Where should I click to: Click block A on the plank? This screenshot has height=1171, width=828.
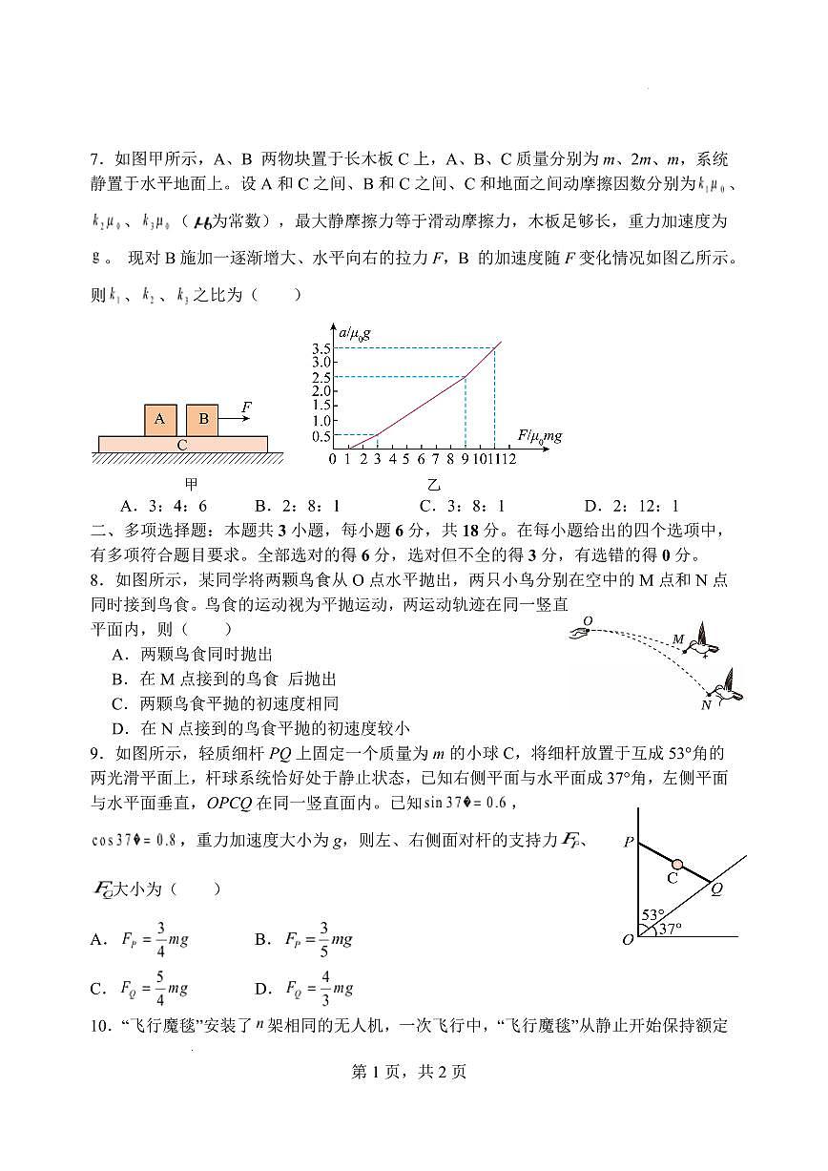point(160,419)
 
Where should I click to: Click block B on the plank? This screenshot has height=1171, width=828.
point(202,419)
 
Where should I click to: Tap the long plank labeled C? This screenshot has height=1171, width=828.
point(182,444)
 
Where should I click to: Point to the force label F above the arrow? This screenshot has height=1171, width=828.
point(246,408)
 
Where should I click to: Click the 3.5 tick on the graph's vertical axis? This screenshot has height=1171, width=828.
point(321,347)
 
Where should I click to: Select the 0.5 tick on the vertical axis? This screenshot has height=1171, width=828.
point(321,436)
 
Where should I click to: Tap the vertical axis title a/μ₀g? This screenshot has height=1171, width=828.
point(347,333)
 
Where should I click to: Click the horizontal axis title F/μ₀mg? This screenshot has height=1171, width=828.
point(539,436)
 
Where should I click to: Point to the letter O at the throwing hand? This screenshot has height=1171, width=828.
point(588,620)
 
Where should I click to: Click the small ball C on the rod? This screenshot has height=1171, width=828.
point(677,864)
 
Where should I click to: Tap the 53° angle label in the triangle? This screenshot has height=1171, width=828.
point(652,914)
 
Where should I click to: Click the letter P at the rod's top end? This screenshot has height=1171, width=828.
point(629,842)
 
